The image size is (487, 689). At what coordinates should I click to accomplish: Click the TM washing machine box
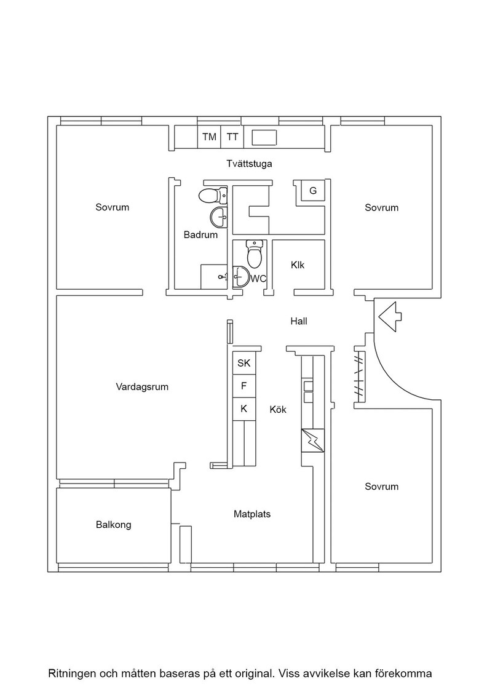pos(209,137)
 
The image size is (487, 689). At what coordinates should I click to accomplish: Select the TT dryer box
pos(232,137)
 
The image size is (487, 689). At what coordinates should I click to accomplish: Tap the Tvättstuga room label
pos(250,164)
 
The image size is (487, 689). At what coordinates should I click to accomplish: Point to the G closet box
pos(312,191)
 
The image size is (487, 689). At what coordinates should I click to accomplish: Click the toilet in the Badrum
pos(213,195)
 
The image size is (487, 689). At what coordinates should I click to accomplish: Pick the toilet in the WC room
pos(254,253)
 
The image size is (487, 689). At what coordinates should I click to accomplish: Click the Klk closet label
pos(297,265)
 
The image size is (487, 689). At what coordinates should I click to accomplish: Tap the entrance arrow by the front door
pos(390,316)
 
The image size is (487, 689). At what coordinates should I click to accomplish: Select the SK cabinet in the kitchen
pos(244,363)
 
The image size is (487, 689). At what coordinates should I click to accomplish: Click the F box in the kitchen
pos(244,386)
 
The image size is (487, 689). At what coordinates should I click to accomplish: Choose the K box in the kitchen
pos(244,409)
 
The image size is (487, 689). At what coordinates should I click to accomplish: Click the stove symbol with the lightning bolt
pos(312,440)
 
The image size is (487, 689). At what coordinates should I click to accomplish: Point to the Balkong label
pos(113,525)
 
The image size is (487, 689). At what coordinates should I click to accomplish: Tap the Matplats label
pos(252,514)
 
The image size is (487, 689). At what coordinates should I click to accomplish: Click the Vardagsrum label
pos(142,387)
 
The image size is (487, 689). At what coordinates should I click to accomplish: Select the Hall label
pos(299,321)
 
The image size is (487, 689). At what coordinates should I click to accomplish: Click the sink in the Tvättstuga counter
pos(264,138)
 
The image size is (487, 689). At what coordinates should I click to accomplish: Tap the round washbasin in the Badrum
pos(219,216)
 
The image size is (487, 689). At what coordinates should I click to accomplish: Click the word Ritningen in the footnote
pos(71,674)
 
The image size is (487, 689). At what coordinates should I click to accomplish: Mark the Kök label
pos(278,410)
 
